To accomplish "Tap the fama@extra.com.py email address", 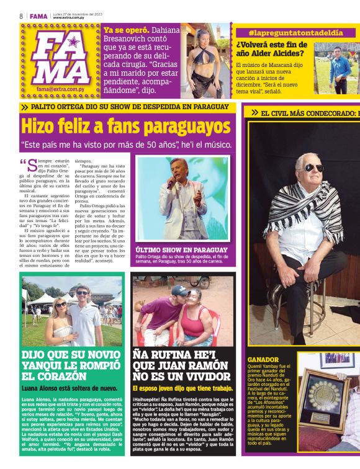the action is (59, 89).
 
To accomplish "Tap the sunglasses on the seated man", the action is (310, 167).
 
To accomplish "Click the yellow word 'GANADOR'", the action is (263, 360).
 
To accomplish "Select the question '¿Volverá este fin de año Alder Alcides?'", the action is (272, 50).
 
